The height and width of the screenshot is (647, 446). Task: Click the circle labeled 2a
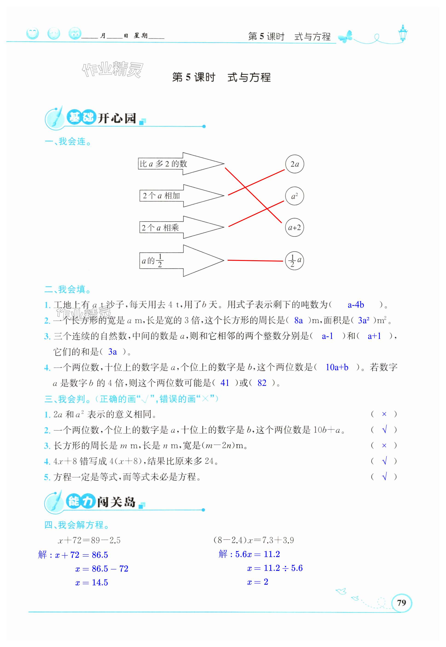[294, 164]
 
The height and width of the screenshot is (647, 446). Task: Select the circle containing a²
[294, 196]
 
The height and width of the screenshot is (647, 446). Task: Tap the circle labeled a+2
[294, 227]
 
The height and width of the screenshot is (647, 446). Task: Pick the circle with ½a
[294, 261]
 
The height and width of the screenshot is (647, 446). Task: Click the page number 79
[401, 602]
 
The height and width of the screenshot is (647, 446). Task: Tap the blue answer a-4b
[356, 305]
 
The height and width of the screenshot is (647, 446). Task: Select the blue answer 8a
[298, 321]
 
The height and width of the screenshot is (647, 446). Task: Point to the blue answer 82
[262, 383]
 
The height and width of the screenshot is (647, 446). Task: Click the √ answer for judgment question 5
[384, 477]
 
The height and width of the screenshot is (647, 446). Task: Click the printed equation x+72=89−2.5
[89, 540]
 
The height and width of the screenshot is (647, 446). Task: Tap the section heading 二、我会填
[68, 289]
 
